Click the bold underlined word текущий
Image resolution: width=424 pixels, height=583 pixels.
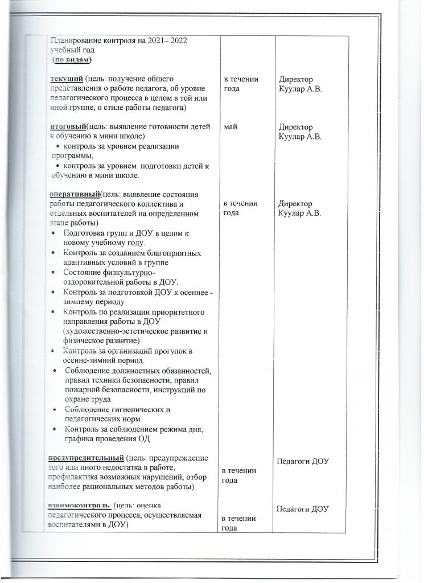[65, 79]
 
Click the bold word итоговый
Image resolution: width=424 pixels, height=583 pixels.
[68, 126]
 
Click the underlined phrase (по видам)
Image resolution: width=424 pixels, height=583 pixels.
[72, 60]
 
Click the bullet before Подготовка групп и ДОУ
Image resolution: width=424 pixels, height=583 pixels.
[53, 233]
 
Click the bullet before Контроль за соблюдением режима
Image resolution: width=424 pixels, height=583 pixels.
[53, 429]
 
